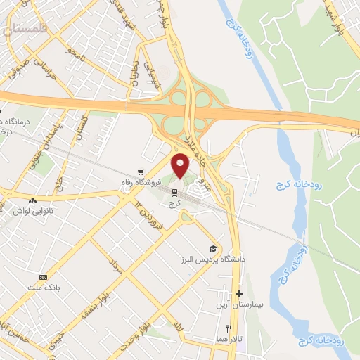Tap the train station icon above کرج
point(174,191)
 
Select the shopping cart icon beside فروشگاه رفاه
point(141,171)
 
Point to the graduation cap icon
point(212,249)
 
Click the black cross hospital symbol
point(240,293)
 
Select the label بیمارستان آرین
point(239,306)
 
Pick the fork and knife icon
point(229,328)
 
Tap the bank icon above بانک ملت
point(44,278)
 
